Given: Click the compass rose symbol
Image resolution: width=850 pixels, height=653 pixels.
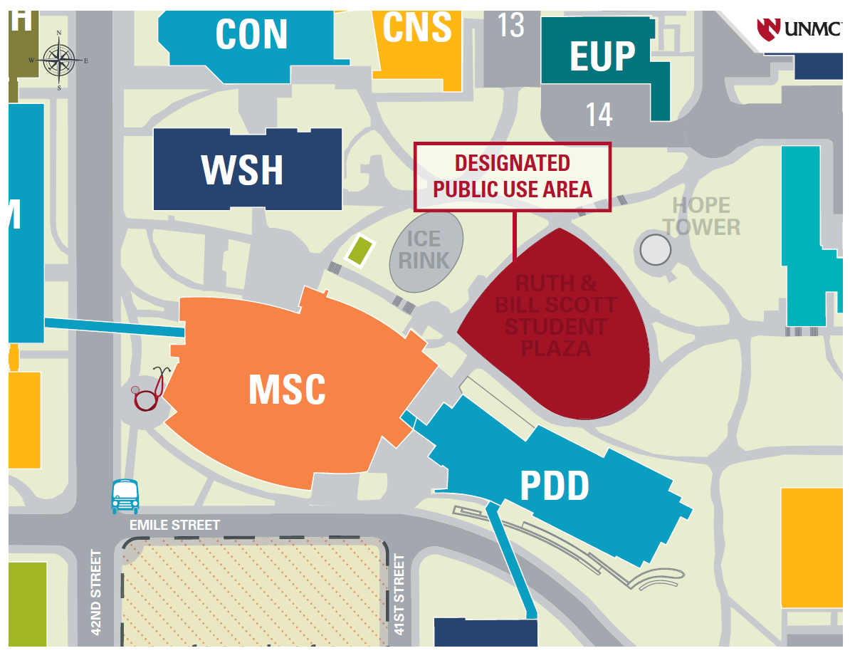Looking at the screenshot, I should coord(58,60).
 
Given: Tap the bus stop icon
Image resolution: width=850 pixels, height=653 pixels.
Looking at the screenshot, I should coord(125,496).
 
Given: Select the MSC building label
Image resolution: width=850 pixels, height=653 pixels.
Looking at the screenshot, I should coord(287,390).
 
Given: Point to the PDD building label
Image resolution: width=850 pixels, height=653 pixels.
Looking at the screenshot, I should coord(555,487).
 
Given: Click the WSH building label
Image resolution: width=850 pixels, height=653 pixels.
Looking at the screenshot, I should coord(242,169).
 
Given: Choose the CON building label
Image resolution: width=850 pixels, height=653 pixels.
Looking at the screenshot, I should coord(251,34).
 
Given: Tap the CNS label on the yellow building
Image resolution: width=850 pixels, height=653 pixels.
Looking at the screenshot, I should coord(417,27).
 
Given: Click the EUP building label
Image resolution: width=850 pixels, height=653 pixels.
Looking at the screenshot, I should coord(602,56).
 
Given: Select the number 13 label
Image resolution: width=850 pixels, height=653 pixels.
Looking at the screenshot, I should coord(510,25).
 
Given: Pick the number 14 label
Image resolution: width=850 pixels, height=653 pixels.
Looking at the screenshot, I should coord(599,114).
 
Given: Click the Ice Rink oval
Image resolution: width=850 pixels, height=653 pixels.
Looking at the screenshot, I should coord(426,251).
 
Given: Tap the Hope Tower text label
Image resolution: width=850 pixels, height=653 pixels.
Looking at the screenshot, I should coord(701,216).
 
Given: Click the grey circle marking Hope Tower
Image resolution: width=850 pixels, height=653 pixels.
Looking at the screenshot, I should coord(655,249).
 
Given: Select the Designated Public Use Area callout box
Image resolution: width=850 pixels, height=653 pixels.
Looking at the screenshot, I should coord(513,176).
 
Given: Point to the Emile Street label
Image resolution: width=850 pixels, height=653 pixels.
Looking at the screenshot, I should coord(174,525).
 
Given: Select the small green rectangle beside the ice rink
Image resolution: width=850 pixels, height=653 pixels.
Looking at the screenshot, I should coord(360,250).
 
